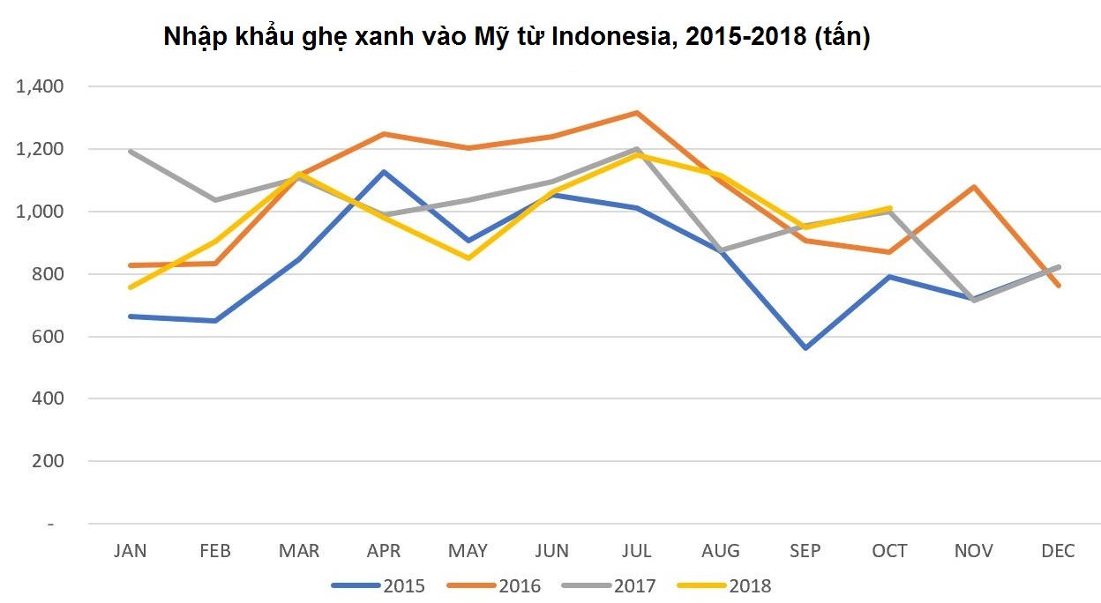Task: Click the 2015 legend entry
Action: coord(378,586)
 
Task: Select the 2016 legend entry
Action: coord(494,586)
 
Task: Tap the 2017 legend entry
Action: coord(610,586)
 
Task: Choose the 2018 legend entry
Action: coord(724,586)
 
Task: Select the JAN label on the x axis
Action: coord(131,551)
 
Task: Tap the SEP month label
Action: coord(805,551)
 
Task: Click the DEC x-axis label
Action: coord(1058,551)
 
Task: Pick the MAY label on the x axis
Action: coord(468,551)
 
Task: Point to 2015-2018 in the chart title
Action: coord(734,38)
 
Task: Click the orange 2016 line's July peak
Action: coord(636,113)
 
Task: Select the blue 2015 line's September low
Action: coord(805,348)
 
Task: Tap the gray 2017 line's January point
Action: coord(131,152)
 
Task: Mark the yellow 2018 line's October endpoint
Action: coord(889,209)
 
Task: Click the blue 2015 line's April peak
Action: coord(383,171)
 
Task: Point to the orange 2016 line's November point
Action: coord(973,187)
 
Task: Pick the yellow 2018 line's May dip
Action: coord(468,258)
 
